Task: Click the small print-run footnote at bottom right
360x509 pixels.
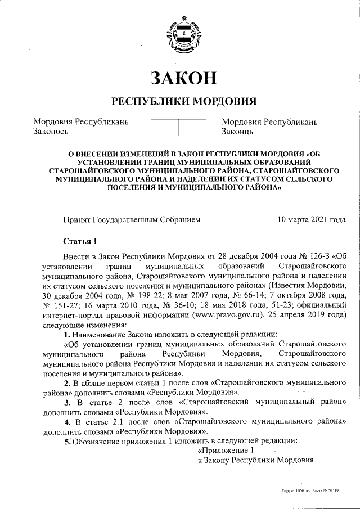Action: (x=310, y=490)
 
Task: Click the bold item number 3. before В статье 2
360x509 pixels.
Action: (x=67, y=402)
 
